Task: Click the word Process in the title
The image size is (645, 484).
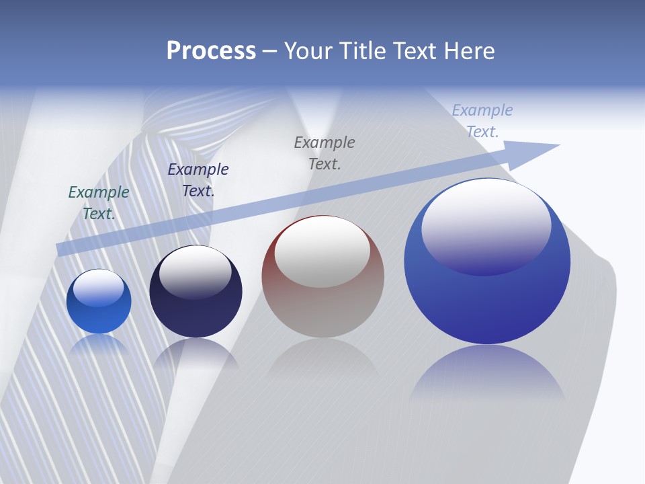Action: click(211, 51)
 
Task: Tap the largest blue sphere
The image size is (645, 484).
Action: click(487, 296)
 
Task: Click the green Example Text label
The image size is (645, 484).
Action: click(99, 202)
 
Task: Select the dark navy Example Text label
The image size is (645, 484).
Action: click(198, 179)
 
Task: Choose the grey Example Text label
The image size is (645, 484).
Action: click(325, 153)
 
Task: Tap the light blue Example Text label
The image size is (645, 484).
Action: click(482, 121)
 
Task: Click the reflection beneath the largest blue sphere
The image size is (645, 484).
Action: click(487, 373)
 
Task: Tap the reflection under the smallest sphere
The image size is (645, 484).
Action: click(99, 345)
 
